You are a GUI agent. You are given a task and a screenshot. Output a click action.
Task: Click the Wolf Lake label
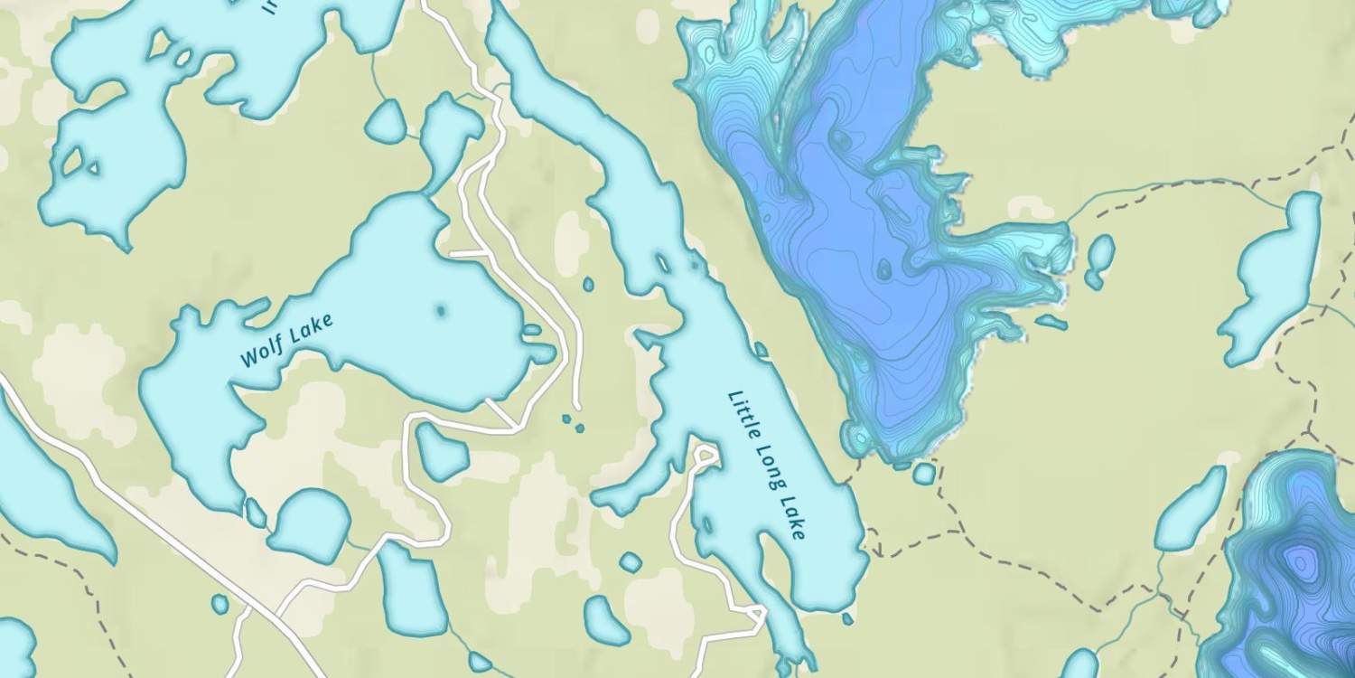[x=286, y=340]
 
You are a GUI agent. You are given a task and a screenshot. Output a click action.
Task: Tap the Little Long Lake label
[x=766, y=465]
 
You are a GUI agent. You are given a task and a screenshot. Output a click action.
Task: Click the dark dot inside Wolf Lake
[x=441, y=311]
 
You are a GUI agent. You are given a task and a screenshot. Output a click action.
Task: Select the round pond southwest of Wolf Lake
[x=309, y=525]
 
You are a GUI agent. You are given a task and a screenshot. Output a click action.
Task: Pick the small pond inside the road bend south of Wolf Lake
[x=442, y=453]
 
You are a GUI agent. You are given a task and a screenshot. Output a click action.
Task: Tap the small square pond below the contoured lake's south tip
[x=923, y=473]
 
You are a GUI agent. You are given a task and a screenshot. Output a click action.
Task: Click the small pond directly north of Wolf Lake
[x=386, y=120]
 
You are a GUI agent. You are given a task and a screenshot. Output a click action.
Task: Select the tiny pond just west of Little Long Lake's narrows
[x=588, y=285]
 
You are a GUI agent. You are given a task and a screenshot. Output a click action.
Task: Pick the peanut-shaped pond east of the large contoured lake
[x=1098, y=260]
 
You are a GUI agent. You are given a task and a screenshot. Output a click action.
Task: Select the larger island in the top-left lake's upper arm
[x=161, y=42]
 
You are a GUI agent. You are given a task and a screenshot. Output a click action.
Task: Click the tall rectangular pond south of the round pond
[x=414, y=588]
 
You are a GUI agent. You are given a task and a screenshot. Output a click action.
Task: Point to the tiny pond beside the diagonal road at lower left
[x=220, y=603]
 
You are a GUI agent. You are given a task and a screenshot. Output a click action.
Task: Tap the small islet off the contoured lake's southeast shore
[x=1051, y=321]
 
